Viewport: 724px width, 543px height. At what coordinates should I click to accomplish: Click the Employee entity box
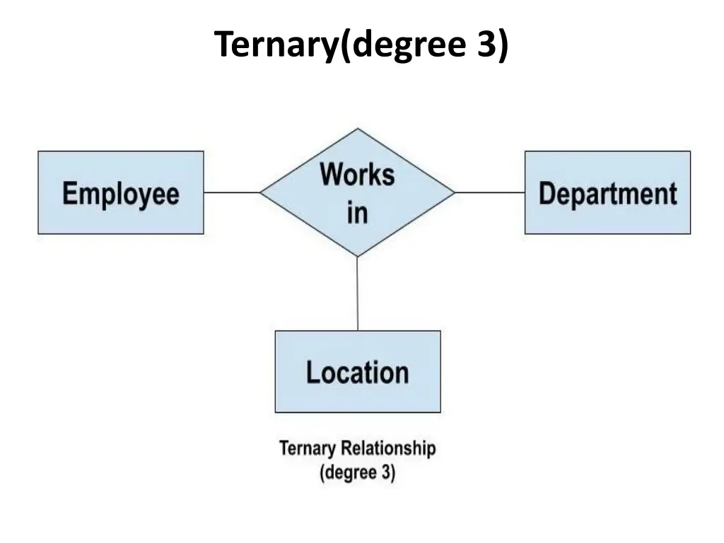tap(120, 192)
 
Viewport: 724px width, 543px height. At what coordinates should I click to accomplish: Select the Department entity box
tap(607, 192)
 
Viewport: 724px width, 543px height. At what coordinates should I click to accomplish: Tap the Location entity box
tap(357, 372)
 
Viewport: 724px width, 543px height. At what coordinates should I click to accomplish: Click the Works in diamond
tap(357, 192)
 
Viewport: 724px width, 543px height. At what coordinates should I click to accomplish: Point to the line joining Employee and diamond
tap(232, 192)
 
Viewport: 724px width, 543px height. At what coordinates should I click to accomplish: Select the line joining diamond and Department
tap(489, 192)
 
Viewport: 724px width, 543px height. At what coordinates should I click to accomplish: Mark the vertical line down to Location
tap(357, 293)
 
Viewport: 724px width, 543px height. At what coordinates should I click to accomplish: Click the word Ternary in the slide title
tap(276, 45)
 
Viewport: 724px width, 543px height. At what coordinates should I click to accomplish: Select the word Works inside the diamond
tap(357, 174)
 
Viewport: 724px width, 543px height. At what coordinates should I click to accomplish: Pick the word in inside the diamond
tap(357, 212)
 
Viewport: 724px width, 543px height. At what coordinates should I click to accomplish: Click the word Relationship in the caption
tap(390, 448)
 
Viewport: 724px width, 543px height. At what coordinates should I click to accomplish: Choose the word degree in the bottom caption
tap(349, 471)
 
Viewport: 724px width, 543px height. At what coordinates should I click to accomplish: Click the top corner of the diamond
tap(358, 129)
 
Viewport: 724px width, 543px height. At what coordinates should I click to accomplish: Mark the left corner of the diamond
tap(261, 192)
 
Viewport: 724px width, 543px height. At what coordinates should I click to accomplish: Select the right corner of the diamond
tap(454, 192)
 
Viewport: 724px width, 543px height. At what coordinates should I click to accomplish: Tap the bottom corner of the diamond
tap(357, 255)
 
